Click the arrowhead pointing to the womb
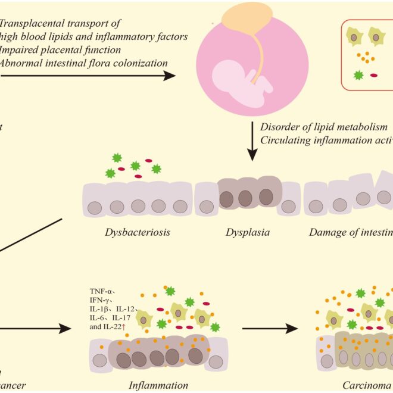(170, 76)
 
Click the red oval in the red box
(374, 76)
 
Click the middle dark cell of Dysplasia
(245, 196)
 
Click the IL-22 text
(118, 326)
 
